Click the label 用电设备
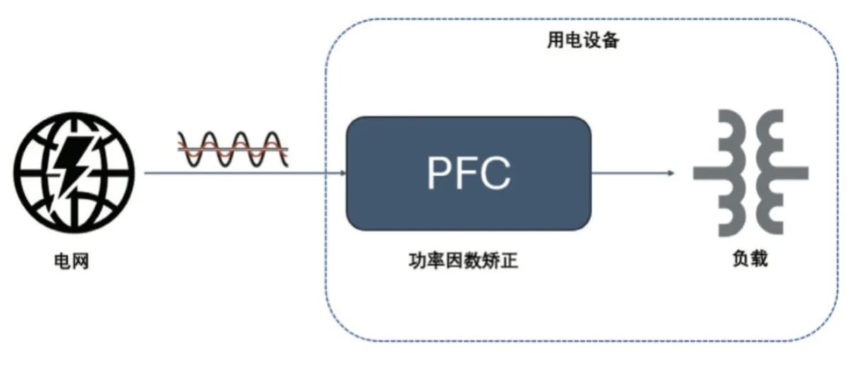coord(583,42)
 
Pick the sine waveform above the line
coord(232,149)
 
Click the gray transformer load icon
coord(750,173)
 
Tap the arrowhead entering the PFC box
coord(341,173)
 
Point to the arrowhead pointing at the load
coord(669,173)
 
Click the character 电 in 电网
coord(62,262)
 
